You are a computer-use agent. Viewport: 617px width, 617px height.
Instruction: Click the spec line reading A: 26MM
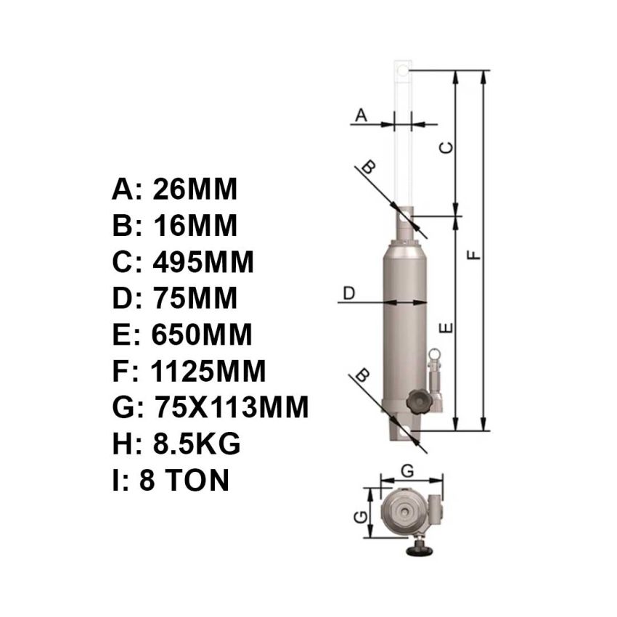(x=175, y=189)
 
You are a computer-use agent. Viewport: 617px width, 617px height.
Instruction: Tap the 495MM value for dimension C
(x=203, y=262)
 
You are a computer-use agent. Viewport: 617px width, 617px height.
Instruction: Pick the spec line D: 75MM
(x=175, y=298)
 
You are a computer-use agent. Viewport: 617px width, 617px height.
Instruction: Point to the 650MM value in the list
(x=202, y=335)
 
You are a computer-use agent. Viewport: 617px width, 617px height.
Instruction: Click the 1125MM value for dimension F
(x=208, y=372)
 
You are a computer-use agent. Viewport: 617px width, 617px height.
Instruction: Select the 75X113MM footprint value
(x=232, y=408)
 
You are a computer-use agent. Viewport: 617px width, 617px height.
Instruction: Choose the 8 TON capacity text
(x=184, y=481)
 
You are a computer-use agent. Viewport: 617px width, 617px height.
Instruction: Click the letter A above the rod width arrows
(x=361, y=114)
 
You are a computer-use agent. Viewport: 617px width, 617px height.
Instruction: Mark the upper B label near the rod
(x=369, y=167)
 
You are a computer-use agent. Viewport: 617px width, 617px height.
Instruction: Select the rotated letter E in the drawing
(x=448, y=329)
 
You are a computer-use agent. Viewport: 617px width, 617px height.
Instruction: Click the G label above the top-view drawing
(x=408, y=470)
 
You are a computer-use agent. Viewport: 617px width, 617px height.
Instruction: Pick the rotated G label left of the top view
(x=359, y=517)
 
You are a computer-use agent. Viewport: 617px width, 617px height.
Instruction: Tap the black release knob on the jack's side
(x=419, y=401)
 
